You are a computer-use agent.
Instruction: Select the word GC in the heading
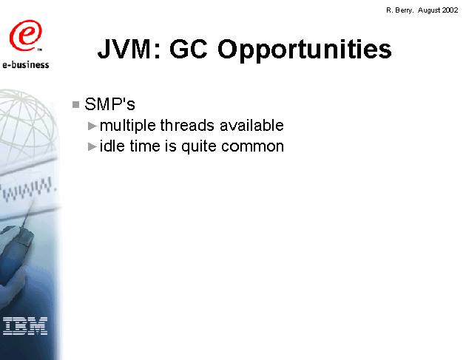[x=189, y=49]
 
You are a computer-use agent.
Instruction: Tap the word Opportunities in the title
[x=305, y=50]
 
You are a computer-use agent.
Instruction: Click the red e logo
[x=26, y=35]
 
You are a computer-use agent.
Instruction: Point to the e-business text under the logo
[x=26, y=64]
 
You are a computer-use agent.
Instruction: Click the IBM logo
[x=25, y=326]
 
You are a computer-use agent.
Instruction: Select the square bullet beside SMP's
[x=75, y=104]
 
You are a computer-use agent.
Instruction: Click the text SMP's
[x=109, y=104]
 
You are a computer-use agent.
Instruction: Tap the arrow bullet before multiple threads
[x=92, y=126]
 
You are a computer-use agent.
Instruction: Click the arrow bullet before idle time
[x=92, y=146]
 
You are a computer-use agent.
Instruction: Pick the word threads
[x=187, y=125]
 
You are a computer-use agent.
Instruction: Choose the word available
[x=251, y=125]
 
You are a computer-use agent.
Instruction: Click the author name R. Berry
[x=399, y=10]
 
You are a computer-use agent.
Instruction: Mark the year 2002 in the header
[x=450, y=10]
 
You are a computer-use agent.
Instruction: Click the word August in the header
[x=429, y=10]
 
